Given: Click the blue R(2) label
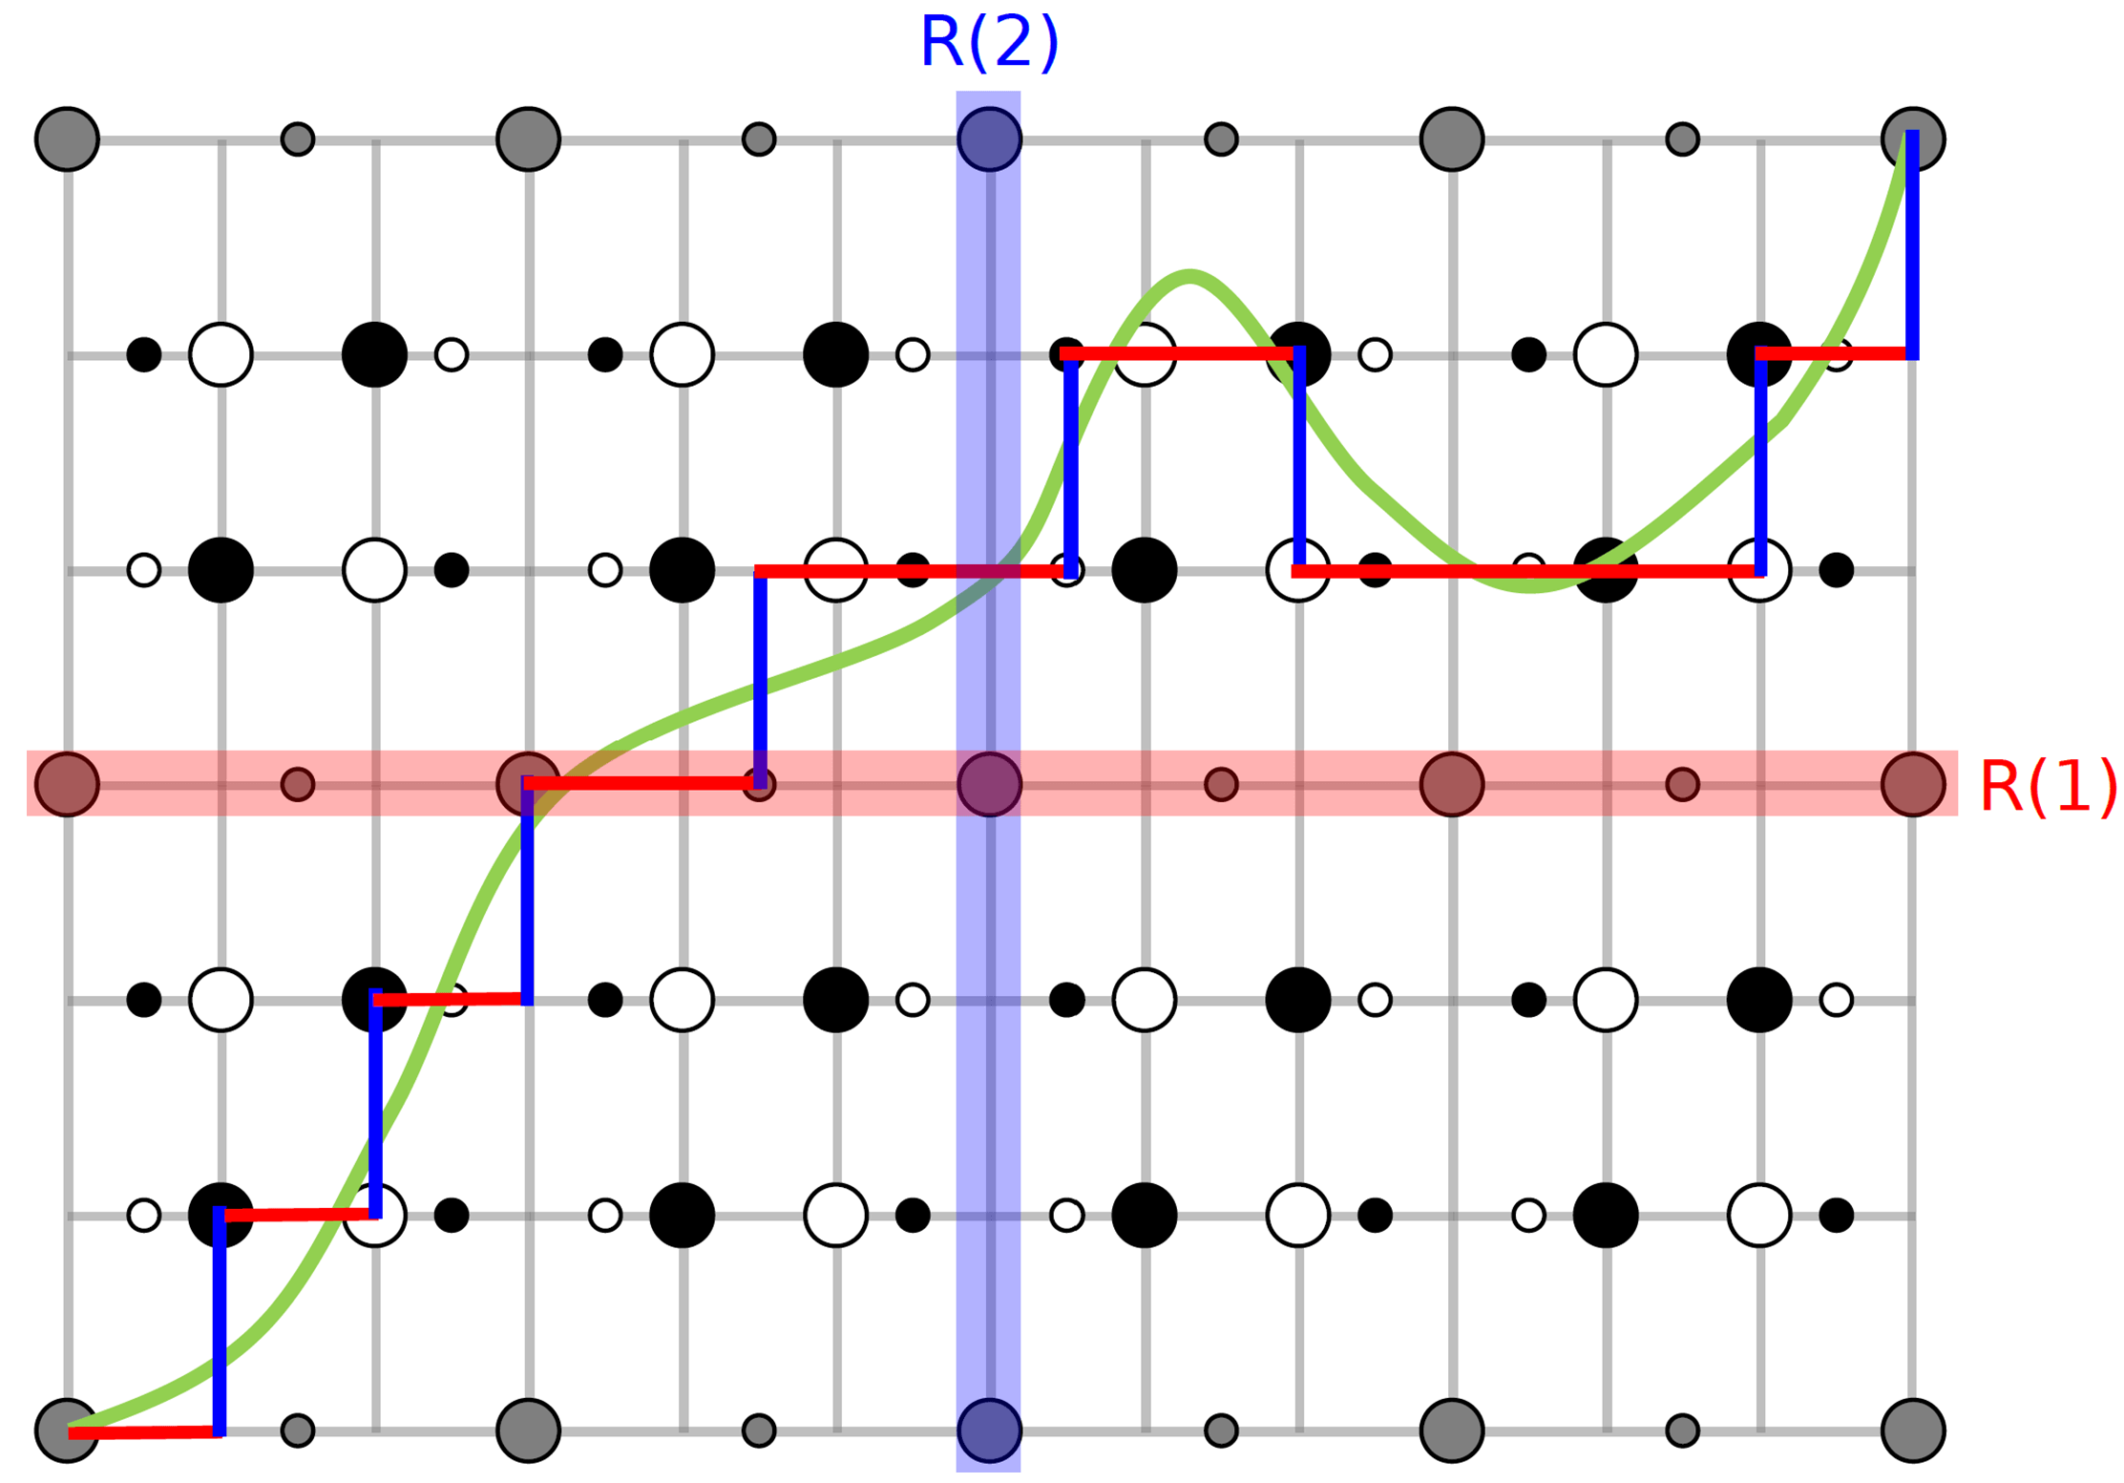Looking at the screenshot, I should (x=988, y=43).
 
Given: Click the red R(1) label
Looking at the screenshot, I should (x=2048, y=787).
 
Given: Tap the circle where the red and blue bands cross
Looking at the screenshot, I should (x=989, y=784).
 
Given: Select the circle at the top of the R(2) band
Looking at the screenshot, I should (x=989, y=139).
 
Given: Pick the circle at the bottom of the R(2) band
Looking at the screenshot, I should (x=989, y=1430).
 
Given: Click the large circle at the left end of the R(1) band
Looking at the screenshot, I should (x=67, y=784).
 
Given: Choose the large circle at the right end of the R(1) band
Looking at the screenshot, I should (x=1912, y=784).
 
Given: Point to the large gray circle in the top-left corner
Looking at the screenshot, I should (x=67, y=139).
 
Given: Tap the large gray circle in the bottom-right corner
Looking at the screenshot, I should (x=1912, y=1430).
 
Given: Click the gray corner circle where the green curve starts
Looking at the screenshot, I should (x=67, y=1430).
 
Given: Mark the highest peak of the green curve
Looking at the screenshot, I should (x=1189, y=277).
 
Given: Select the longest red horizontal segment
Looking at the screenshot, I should (x=1527, y=571).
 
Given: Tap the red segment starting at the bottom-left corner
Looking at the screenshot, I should (x=143, y=1432).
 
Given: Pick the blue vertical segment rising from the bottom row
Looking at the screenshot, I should (x=220, y=1323).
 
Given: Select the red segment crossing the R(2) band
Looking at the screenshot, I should (x=912, y=571).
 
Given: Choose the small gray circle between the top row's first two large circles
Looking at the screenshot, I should (x=297, y=139).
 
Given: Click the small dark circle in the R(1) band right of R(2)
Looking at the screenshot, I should (x=1220, y=784).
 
